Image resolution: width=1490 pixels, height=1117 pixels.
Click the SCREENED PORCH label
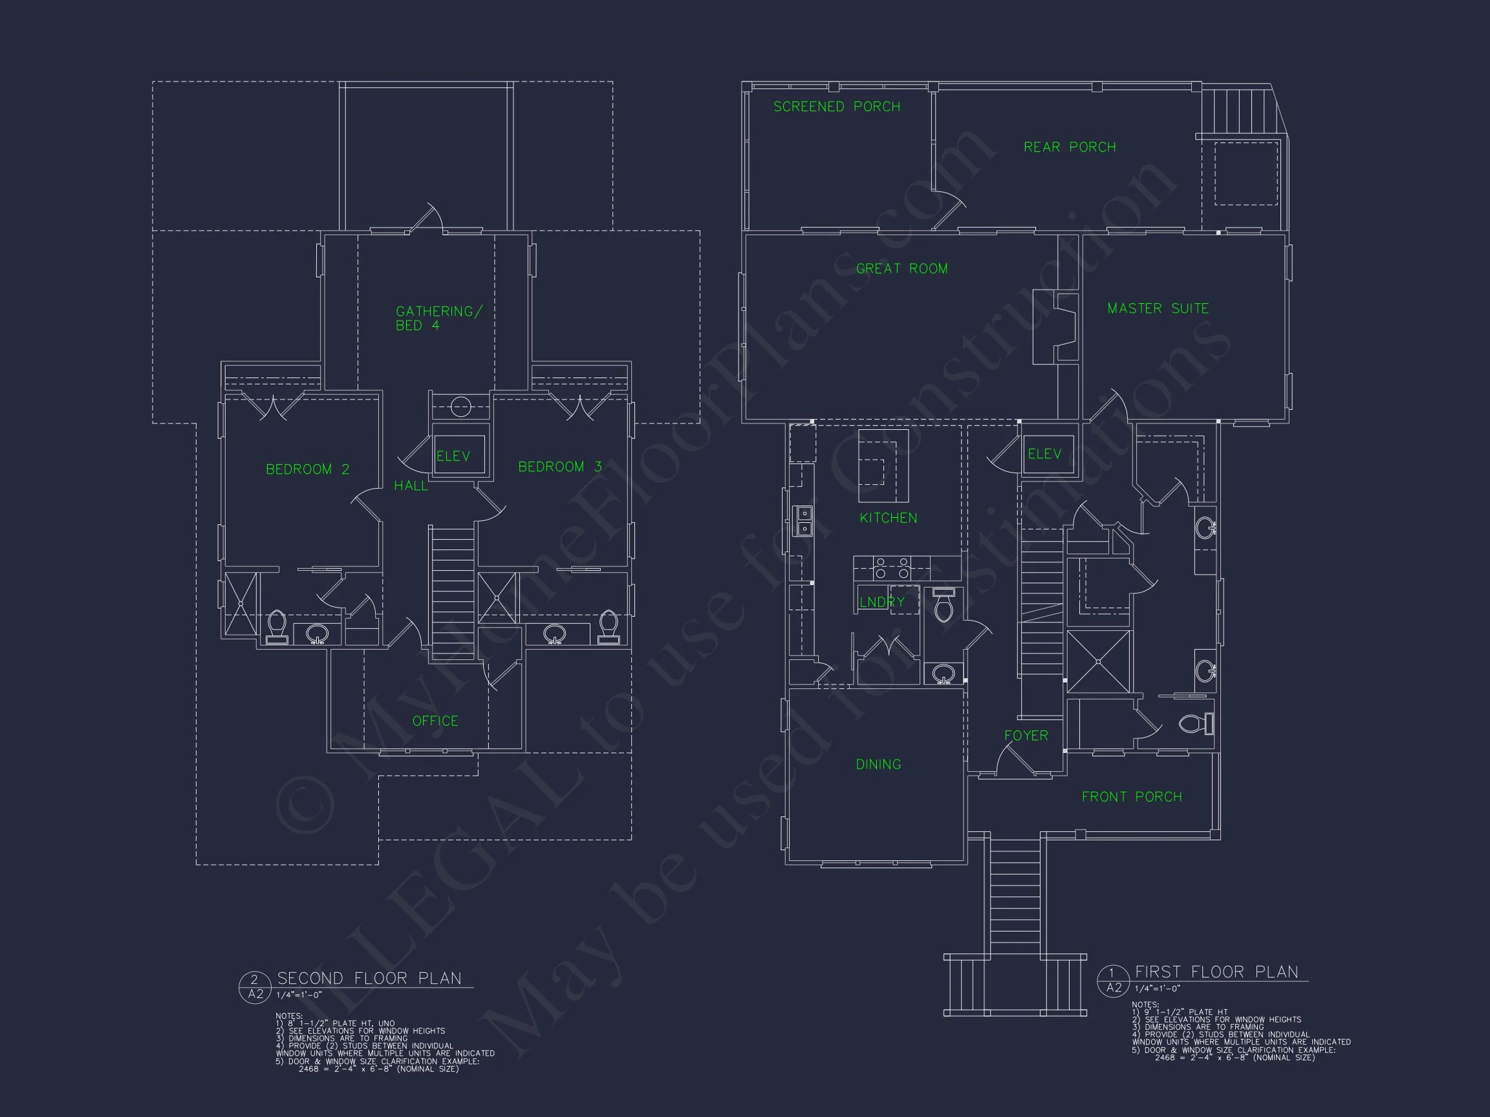(836, 107)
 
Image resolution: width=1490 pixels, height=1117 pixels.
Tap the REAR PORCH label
(1069, 147)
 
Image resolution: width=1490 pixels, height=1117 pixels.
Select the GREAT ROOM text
(902, 269)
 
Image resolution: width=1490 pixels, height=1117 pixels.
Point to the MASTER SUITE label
(1157, 308)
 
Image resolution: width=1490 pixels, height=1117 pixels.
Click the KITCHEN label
(888, 518)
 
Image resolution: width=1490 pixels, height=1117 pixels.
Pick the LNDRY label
(881, 602)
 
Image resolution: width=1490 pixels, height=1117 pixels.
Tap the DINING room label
(878, 764)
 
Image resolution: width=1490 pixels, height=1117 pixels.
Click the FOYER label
(1026, 735)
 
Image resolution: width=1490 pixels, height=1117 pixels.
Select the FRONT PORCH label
(1131, 796)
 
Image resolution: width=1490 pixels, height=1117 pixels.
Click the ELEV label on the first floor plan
(1044, 454)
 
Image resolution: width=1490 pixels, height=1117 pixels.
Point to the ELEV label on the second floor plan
(453, 456)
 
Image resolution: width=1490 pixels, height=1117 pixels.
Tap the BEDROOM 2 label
(307, 469)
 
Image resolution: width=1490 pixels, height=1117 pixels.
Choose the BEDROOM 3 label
(559, 467)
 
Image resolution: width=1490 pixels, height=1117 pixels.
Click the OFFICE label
(435, 721)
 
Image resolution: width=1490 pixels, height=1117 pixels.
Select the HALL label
(410, 485)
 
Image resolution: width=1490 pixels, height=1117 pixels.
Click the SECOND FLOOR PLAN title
(369, 978)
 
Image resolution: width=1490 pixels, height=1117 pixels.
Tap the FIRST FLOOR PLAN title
(1216, 972)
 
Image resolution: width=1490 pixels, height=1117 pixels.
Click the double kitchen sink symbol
(804, 521)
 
